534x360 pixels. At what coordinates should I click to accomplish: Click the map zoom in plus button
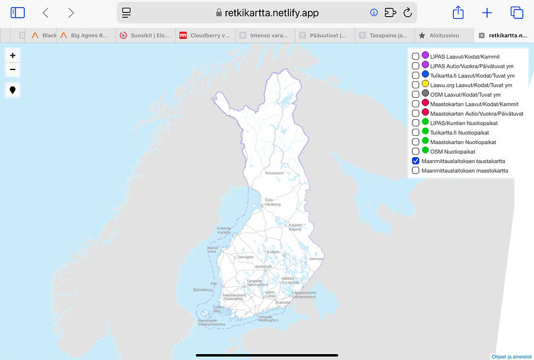pyautogui.click(x=12, y=55)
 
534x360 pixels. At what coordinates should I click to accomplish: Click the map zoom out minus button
pyautogui.click(x=12, y=69)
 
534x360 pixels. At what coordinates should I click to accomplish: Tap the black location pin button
pyautogui.click(x=12, y=90)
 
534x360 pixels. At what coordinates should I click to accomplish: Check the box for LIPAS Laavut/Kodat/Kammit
pyautogui.click(x=415, y=56)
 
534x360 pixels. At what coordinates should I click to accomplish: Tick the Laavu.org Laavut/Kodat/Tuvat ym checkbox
pyautogui.click(x=415, y=85)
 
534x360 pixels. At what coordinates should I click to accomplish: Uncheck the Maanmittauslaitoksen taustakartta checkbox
pyautogui.click(x=415, y=161)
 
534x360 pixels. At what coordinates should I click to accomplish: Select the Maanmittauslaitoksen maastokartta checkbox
pyautogui.click(x=415, y=170)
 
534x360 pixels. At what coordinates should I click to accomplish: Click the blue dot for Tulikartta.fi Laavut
pyautogui.click(x=425, y=75)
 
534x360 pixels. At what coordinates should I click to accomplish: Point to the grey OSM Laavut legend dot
pyautogui.click(x=425, y=94)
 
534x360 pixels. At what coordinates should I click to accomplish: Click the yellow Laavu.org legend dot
pyautogui.click(x=425, y=84)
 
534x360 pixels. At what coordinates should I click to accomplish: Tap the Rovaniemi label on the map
pyautogui.click(x=274, y=173)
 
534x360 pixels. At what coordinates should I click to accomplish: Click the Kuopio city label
pyautogui.click(x=273, y=251)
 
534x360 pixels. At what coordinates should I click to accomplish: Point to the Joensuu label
pyautogui.click(x=316, y=259)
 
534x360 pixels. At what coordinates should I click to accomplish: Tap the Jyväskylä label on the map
pyautogui.click(x=263, y=267)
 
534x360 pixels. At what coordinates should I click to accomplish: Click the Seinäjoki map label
pyautogui.click(x=245, y=257)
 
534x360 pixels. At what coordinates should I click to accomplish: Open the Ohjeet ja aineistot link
pyautogui.click(x=511, y=356)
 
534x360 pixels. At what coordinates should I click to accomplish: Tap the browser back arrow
pyautogui.click(x=46, y=12)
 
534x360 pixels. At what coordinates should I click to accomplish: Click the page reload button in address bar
pyautogui.click(x=408, y=12)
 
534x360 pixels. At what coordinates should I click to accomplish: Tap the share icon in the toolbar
pyautogui.click(x=457, y=12)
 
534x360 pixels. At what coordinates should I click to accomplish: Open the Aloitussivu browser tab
pyautogui.click(x=443, y=36)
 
